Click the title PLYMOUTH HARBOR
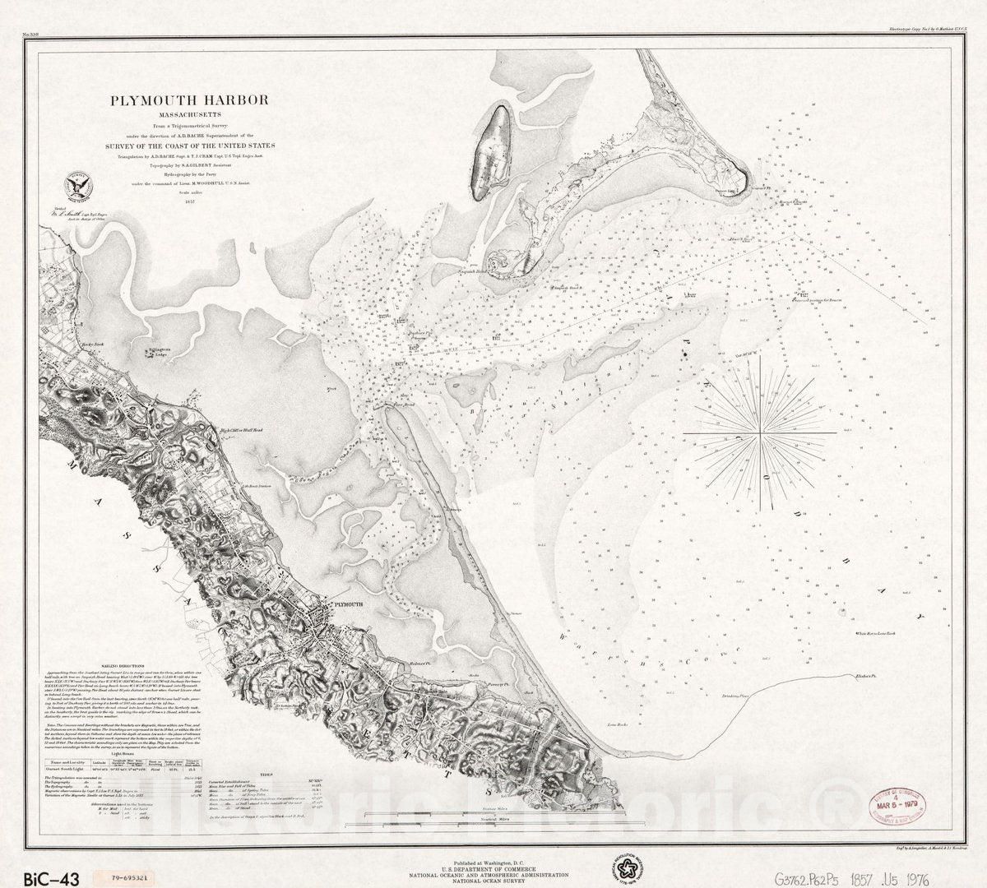[188, 100]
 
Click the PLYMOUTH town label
[345, 604]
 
